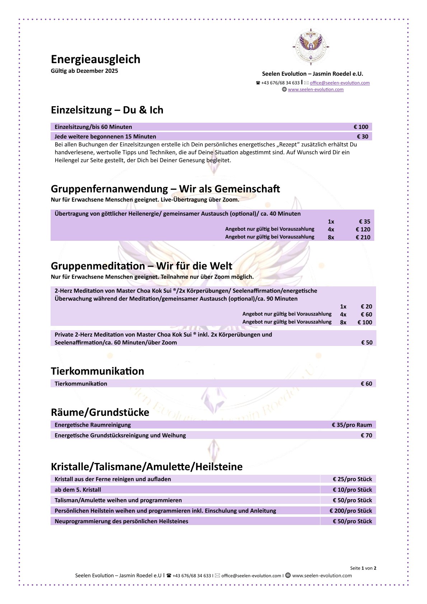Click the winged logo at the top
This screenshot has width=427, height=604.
click(311, 46)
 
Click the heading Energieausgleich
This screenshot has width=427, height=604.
click(95, 59)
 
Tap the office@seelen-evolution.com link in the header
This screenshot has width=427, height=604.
click(339, 83)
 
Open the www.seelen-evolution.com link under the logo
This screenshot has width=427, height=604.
click(315, 90)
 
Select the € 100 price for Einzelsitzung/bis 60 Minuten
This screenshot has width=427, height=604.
click(361, 127)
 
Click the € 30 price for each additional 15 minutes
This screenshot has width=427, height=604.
click(362, 136)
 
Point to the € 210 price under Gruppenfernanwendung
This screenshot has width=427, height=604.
click(363, 237)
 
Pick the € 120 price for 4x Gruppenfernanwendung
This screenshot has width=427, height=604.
click(363, 229)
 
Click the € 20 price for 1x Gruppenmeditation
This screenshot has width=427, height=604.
click(366, 306)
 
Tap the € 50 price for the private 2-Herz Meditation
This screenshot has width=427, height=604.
click(366, 342)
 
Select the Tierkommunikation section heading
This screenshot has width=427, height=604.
click(97, 371)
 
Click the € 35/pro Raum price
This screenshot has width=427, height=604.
click(352, 425)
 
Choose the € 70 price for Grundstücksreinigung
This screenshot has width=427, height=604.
click(366, 435)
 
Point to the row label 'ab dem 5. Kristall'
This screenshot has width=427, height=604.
click(78, 490)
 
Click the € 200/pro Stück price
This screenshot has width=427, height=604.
click(351, 511)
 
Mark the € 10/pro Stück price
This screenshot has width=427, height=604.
click(352, 490)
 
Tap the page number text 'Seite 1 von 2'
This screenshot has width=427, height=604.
click(363, 568)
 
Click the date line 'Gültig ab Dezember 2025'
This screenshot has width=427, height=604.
click(84, 71)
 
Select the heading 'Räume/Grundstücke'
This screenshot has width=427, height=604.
click(100, 412)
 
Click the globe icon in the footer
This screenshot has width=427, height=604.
click(288, 575)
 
